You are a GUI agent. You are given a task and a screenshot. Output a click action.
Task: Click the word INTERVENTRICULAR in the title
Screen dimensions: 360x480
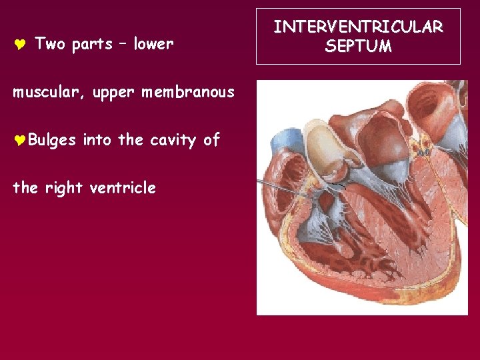[x=358, y=27]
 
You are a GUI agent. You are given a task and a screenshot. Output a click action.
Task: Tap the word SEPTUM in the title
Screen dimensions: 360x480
[x=358, y=46]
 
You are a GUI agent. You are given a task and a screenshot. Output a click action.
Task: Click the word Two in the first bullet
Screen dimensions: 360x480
[x=51, y=44]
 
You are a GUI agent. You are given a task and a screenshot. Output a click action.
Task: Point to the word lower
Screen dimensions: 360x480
[x=153, y=44]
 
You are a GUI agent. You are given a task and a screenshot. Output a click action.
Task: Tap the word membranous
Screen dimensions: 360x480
[x=188, y=92]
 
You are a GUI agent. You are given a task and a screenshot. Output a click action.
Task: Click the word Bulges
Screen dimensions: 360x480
[x=53, y=141]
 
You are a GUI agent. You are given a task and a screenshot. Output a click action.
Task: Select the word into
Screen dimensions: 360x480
[x=97, y=140]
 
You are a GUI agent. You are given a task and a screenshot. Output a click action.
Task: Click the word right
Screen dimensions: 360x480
[x=64, y=189]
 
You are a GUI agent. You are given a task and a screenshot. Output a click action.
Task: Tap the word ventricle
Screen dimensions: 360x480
[x=123, y=188]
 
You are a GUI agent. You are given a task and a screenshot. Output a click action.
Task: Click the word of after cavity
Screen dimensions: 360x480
[x=211, y=140]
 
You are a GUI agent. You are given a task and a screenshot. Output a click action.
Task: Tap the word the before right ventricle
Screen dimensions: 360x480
[x=25, y=188]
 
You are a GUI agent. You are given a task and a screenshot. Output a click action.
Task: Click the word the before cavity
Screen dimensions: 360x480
[x=131, y=140]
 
